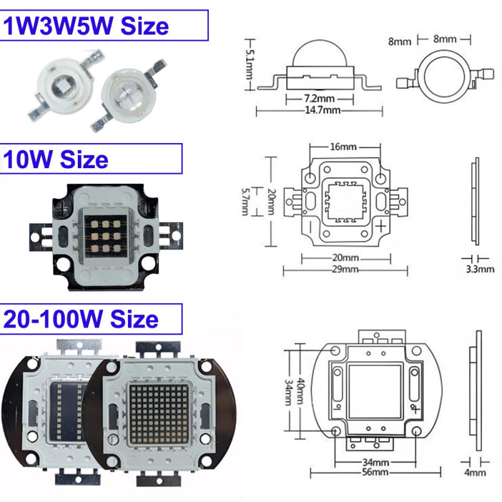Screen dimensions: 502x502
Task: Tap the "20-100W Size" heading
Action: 81,319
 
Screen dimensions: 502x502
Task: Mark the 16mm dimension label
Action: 343,147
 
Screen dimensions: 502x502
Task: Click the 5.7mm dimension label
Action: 246,201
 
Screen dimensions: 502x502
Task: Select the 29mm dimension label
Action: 345,269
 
